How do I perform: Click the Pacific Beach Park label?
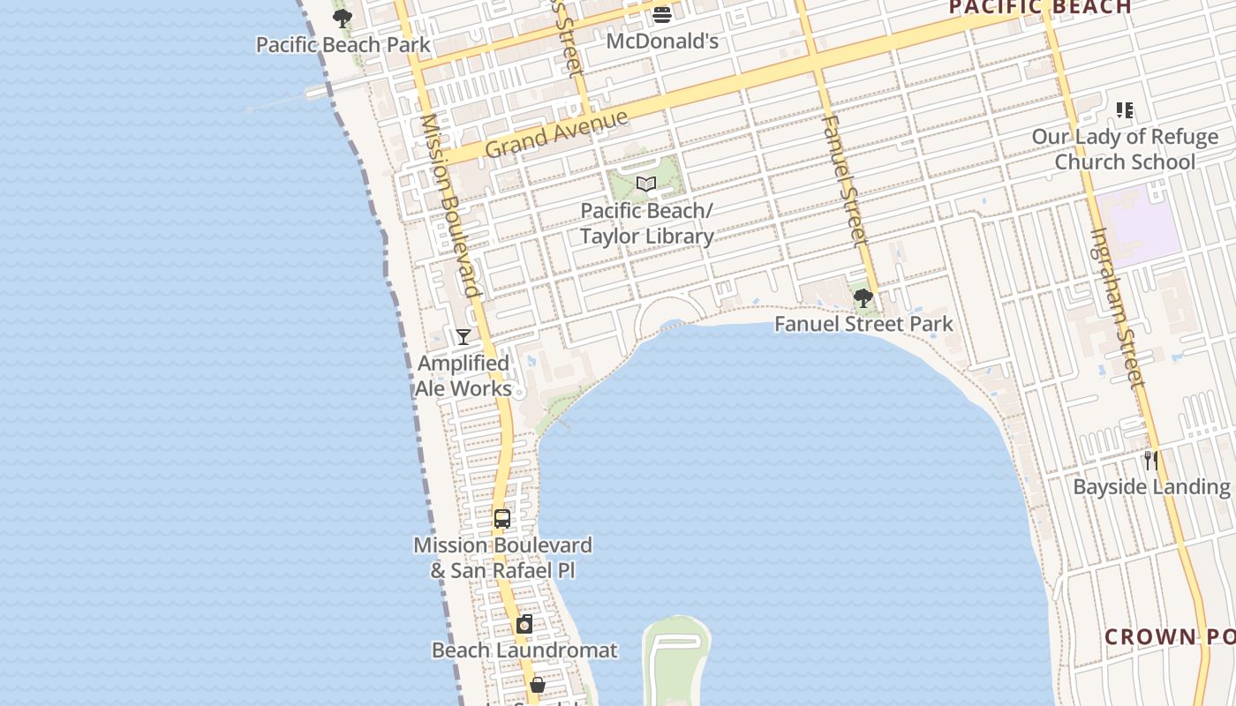tap(343, 44)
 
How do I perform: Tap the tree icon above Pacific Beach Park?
tap(343, 18)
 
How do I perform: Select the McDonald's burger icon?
tap(662, 14)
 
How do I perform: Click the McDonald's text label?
tap(662, 41)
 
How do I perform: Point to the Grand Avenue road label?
tap(556, 133)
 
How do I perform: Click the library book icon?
tap(646, 184)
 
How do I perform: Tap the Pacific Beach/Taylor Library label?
tap(646, 224)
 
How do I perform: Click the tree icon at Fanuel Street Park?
tap(863, 298)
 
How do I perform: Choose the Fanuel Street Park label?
tap(863, 324)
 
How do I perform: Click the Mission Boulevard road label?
tap(450, 205)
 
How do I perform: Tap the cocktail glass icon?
tap(463, 336)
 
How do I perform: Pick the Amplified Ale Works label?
tap(463, 376)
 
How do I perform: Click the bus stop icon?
tap(502, 519)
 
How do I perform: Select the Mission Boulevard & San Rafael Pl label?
tap(502, 558)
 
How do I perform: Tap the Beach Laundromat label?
tap(524, 650)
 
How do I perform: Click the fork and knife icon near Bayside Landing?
tap(1150, 460)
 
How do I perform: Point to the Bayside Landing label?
tap(1151, 486)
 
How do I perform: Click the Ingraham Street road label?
tap(1117, 307)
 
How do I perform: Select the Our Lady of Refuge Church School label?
tap(1125, 149)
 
